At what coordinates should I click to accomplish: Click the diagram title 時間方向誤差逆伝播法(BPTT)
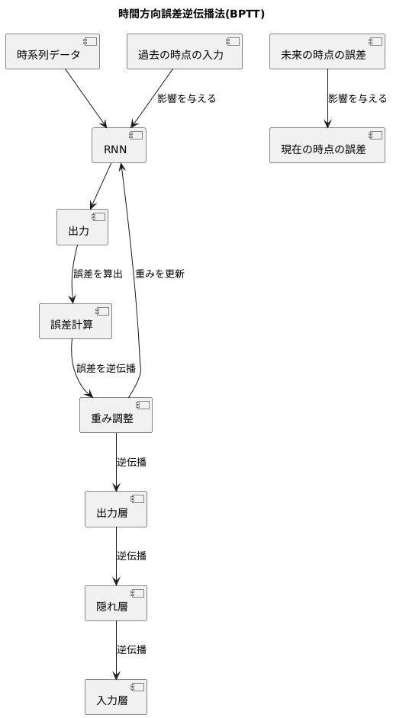click(x=192, y=14)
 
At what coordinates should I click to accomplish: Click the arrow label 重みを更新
click(x=159, y=274)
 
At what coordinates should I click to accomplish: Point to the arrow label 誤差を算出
click(x=98, y=274)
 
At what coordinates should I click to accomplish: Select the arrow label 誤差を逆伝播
click(x=106, y=368)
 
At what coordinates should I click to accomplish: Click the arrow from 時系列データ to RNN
click(x=85, y=98)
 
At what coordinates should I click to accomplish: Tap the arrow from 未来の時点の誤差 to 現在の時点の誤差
click(x=327, y=98)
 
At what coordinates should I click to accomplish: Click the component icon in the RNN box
click(x=136, y=136)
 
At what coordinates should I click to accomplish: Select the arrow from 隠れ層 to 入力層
click(x=116, y=649)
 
